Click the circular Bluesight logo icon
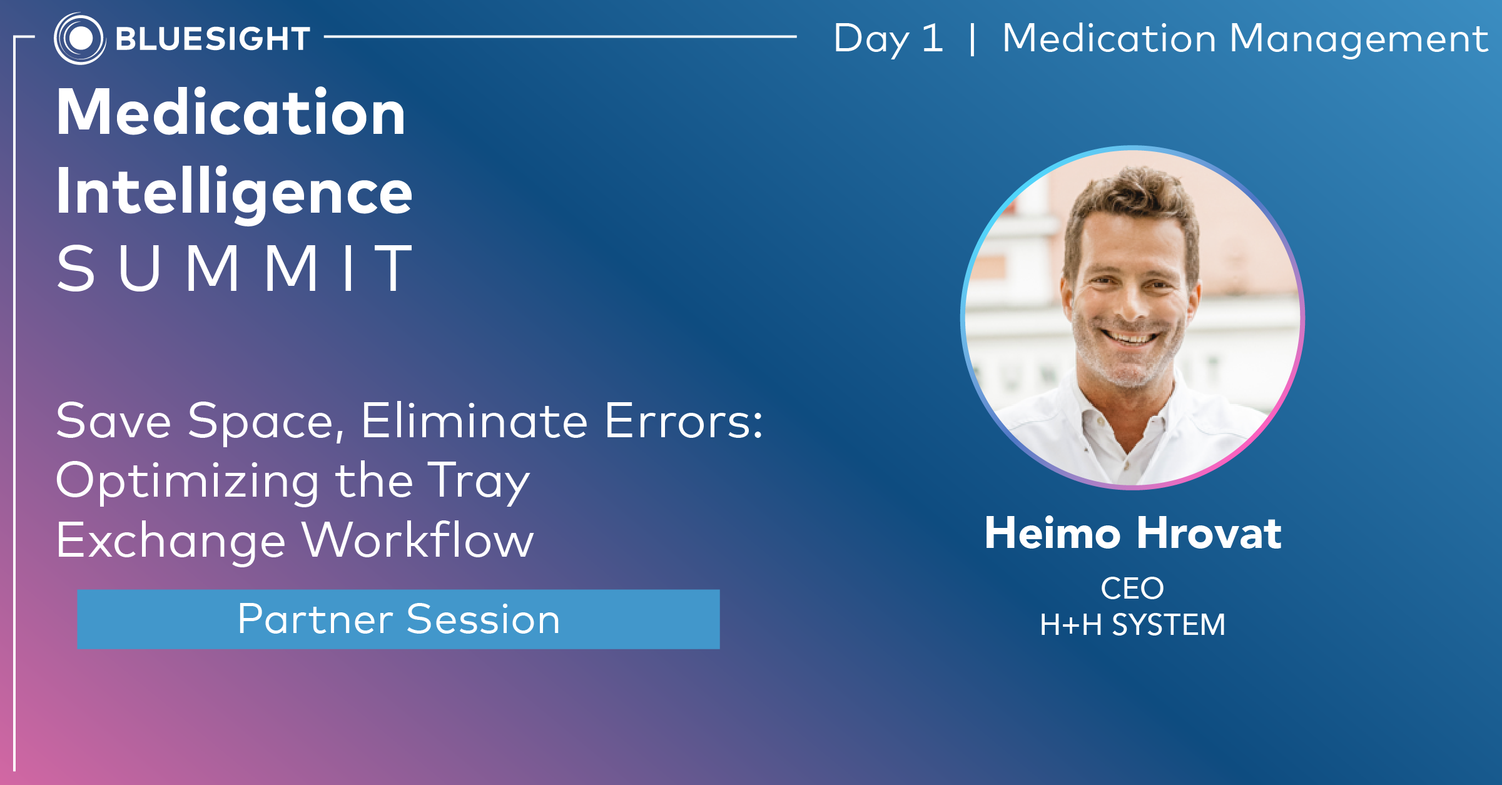point(79,38)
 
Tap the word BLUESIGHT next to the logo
point(213,39)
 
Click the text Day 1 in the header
point(888,39)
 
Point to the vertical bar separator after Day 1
point(972,39)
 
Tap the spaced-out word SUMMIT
point(234,268)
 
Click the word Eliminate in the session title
point(474,421)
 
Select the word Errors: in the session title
point(684,421)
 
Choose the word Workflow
point(418,540)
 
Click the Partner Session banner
point(398,619)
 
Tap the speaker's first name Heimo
point(1052,534)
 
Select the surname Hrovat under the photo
point(1209,534)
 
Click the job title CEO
point(1132,589)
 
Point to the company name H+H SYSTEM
point(1132,625)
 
